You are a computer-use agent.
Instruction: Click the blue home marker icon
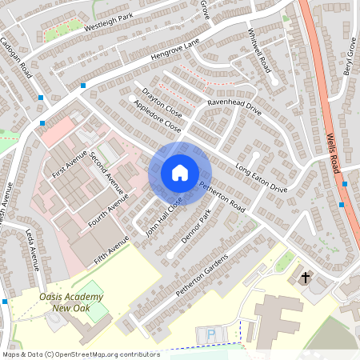[x=180, y=173]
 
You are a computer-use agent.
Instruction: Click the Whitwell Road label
[x=261, y=50]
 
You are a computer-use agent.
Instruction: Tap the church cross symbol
[x=305, y=278]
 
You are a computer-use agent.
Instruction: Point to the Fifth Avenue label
[x=110, y=250]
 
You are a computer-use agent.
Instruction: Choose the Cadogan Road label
[x=15, y=57]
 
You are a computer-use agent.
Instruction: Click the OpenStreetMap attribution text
[x=80, y=354]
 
